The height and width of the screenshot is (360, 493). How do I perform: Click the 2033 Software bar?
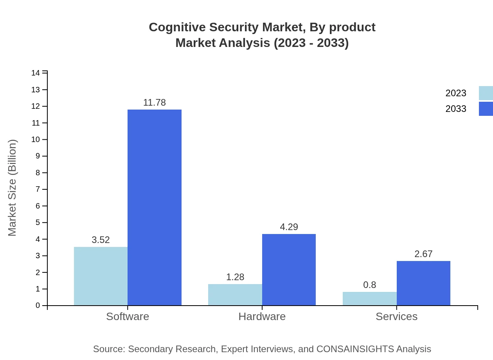(x=155, y=207)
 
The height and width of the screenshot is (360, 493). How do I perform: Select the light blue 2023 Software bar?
(x=101, y=276)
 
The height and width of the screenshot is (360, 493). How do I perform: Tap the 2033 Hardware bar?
(x=289, y=270)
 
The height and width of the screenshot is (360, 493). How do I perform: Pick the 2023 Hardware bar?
(x=235, y=295)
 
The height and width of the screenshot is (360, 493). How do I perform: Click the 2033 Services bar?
(x=423, y=283)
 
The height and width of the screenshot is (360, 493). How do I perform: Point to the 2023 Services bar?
(x=369, y=299)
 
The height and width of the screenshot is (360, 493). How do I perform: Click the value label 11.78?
(x=155, y=103)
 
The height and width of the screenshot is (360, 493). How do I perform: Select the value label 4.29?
(x=289, y=227)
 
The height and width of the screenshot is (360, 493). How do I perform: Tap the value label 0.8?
(x=369, y=285)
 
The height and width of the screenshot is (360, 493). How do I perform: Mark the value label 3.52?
(x=101, y=240)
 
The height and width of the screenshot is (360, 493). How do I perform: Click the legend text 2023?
(x=456, y=93)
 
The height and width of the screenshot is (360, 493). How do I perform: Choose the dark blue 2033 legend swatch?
(x=486, y=109)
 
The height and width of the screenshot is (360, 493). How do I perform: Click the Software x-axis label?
(x=128, y=316)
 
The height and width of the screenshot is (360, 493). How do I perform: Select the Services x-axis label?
(x=396, y=316)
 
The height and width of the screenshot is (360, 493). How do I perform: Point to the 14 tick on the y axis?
(x=36, y=73)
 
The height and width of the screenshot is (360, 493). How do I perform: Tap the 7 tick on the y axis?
(x=38, y=189)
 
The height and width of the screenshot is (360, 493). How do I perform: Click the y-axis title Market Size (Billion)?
(x=12, y=188)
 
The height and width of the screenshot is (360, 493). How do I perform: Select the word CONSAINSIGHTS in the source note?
(x=356, y=349)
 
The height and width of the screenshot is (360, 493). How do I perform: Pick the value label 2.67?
(x=423, y=254)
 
